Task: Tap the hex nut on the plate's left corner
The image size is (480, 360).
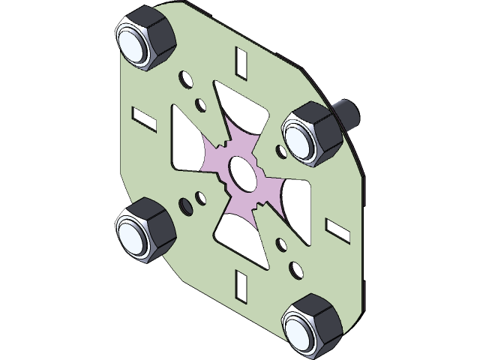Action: [x=144, y=229]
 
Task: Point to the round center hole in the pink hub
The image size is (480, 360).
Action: [x=241, y=171]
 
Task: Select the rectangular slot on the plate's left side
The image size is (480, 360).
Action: [x=144, y=116]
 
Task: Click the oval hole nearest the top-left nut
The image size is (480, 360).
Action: [x=184, y=78]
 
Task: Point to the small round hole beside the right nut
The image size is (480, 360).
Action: [x=281, y=153]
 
